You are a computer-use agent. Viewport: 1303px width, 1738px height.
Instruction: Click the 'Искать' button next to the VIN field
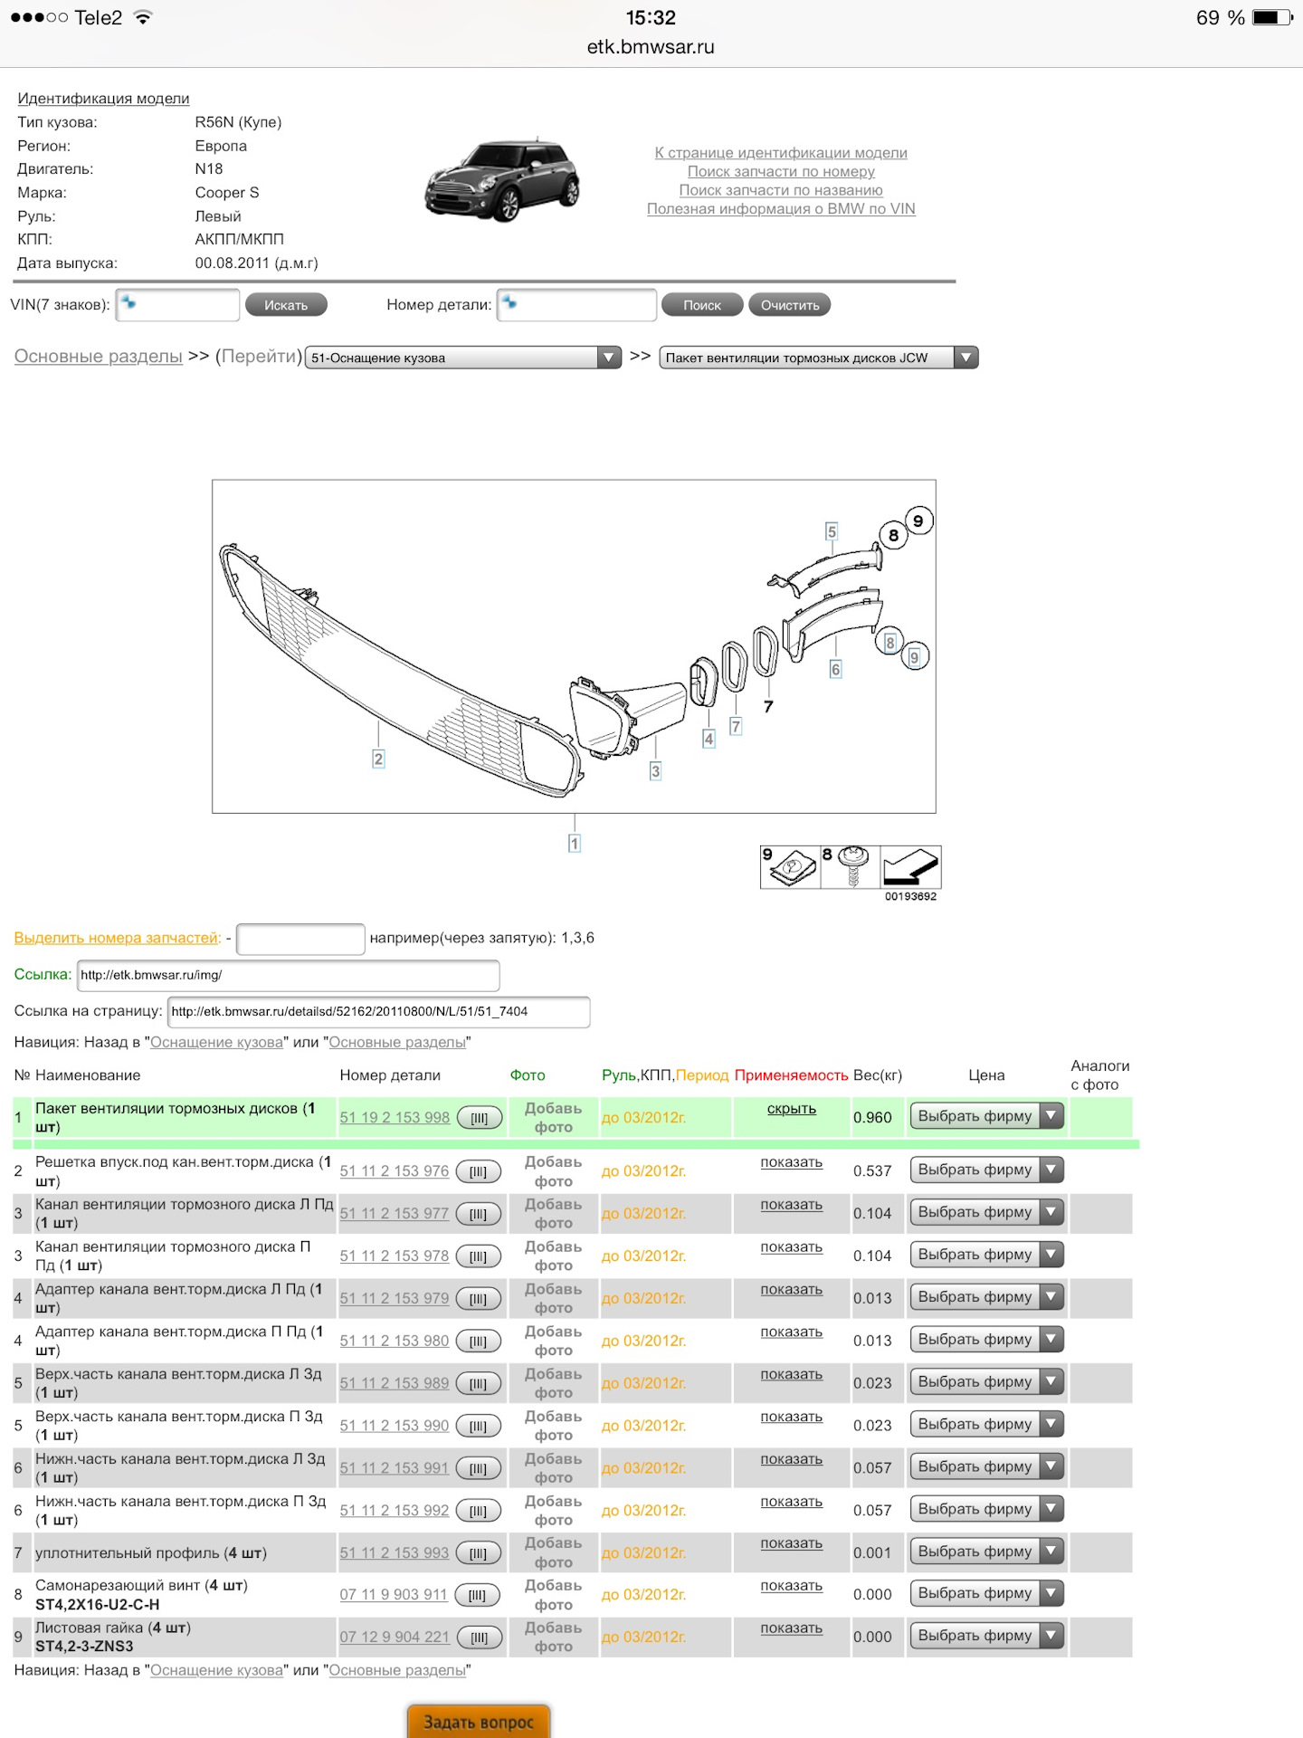pos(286,305)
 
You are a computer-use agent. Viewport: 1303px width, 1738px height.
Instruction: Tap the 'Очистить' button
pos(790,305)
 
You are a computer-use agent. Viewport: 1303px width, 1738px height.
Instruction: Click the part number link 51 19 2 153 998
pos(395,1117)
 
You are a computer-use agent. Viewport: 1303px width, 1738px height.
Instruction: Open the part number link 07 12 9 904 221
pos(395,1637)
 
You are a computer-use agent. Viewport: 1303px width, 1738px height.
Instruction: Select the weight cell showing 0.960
pos(872,1117)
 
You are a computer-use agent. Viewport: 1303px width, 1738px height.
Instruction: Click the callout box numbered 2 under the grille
pos(378,759)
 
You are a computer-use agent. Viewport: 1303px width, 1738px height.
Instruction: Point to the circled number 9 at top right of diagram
pos(918,520)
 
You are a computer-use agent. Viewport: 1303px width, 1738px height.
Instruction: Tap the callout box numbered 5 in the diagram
pos(832,531)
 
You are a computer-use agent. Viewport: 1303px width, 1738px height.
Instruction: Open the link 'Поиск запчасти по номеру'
pos(781,171)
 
